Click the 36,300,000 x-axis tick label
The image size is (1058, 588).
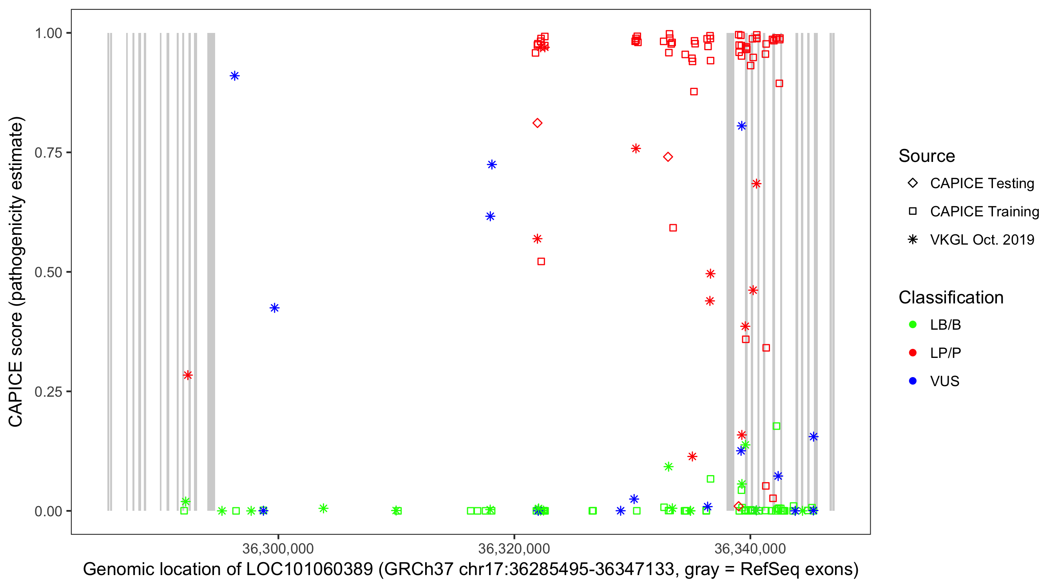pyautogui.click(x=278, y=548)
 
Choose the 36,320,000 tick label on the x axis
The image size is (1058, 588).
pyautogui.click(x=514, y=548)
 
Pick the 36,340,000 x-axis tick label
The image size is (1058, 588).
pyautogui.click(x=750, y=548)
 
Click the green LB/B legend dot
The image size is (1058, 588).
pyautogui.click(x=913, y=325)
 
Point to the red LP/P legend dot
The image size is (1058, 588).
pyautogui.click(x=913, y=353)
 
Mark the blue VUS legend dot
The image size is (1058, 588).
pyautogui.click(x=913, y=381)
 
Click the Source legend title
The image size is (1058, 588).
pyautogui.click(x=927, y=156)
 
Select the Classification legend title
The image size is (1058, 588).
pyautogui.click(x=951, y=298)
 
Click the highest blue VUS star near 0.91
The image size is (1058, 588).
pyautogui.click(x=234, y=76)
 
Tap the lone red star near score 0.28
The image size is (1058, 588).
pyautogui.click(x=188, y=375)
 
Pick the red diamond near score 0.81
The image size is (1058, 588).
pyautogui.click(x=537, y=123)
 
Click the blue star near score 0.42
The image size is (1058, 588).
pyautogui.click(x=275, y=308)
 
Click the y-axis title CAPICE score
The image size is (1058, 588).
pyautogui.click(x=16, y=272)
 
